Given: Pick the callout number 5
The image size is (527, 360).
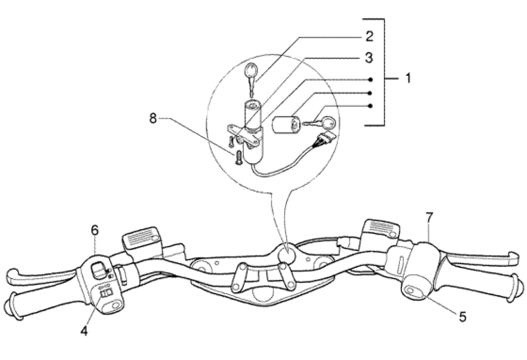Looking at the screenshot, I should (462, 316).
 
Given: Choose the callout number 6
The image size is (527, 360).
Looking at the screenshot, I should (95, 230).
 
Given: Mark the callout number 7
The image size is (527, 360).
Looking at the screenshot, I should (430, 216).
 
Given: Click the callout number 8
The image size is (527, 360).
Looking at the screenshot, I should (153, 119).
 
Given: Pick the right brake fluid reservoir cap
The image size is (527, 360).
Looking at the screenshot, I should (379, 228).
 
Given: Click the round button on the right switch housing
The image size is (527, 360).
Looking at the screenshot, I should (414, 289).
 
